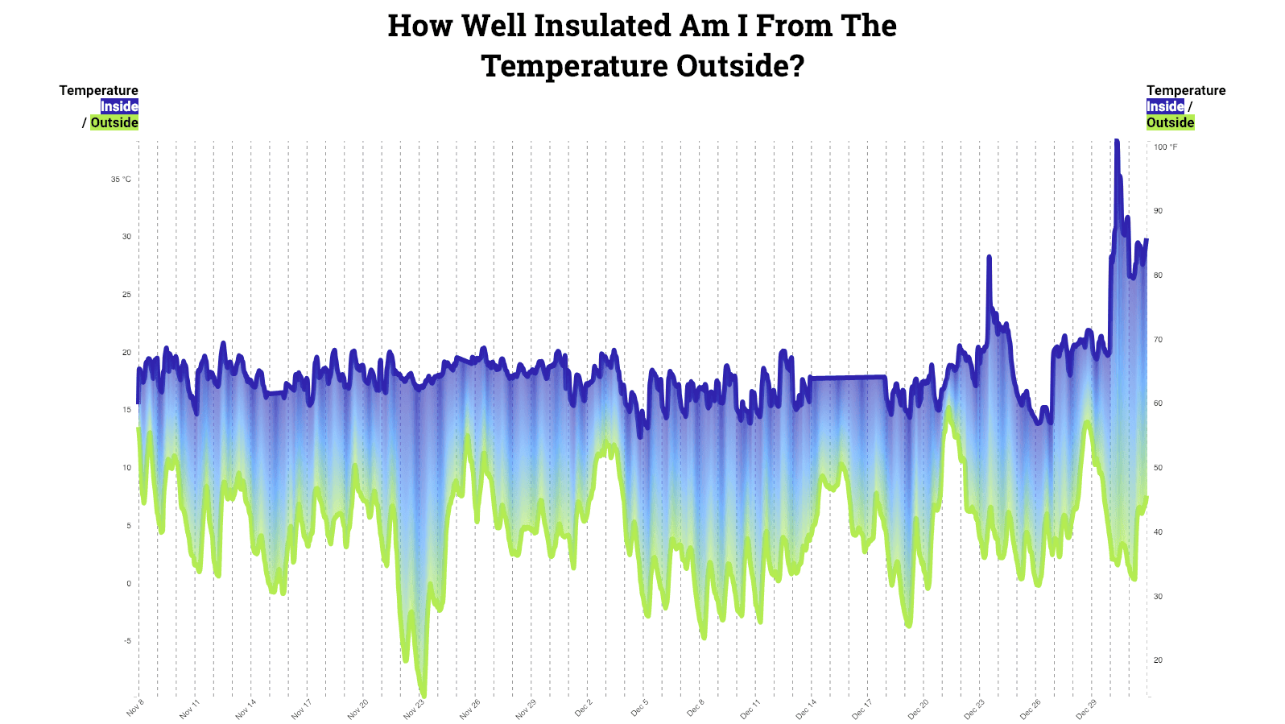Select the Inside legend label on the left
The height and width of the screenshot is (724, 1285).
coord(119,106)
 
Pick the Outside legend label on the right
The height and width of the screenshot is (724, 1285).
coord(1170,122)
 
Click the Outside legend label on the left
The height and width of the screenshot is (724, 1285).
coord(114,122)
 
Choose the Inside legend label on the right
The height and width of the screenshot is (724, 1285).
coord(1165,106)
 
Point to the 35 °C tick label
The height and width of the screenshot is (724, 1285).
coord(121,179)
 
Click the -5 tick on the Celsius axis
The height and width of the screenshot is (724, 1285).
coord(127,641)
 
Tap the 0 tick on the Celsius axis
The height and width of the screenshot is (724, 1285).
coord(129,583)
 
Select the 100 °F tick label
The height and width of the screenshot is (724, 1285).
coord(1165,147)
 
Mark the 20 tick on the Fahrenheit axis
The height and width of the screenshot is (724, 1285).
coord(1158,660)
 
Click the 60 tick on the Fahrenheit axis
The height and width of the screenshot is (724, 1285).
coord(1158,403)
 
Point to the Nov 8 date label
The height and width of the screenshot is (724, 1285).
coord(135,708)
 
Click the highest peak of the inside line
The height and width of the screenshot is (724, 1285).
coord(1116,142)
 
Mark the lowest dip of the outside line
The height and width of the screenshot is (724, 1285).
coord(424,694)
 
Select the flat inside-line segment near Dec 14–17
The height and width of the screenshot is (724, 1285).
coord(849,377)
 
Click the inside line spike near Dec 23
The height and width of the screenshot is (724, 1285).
coord(989,259)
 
